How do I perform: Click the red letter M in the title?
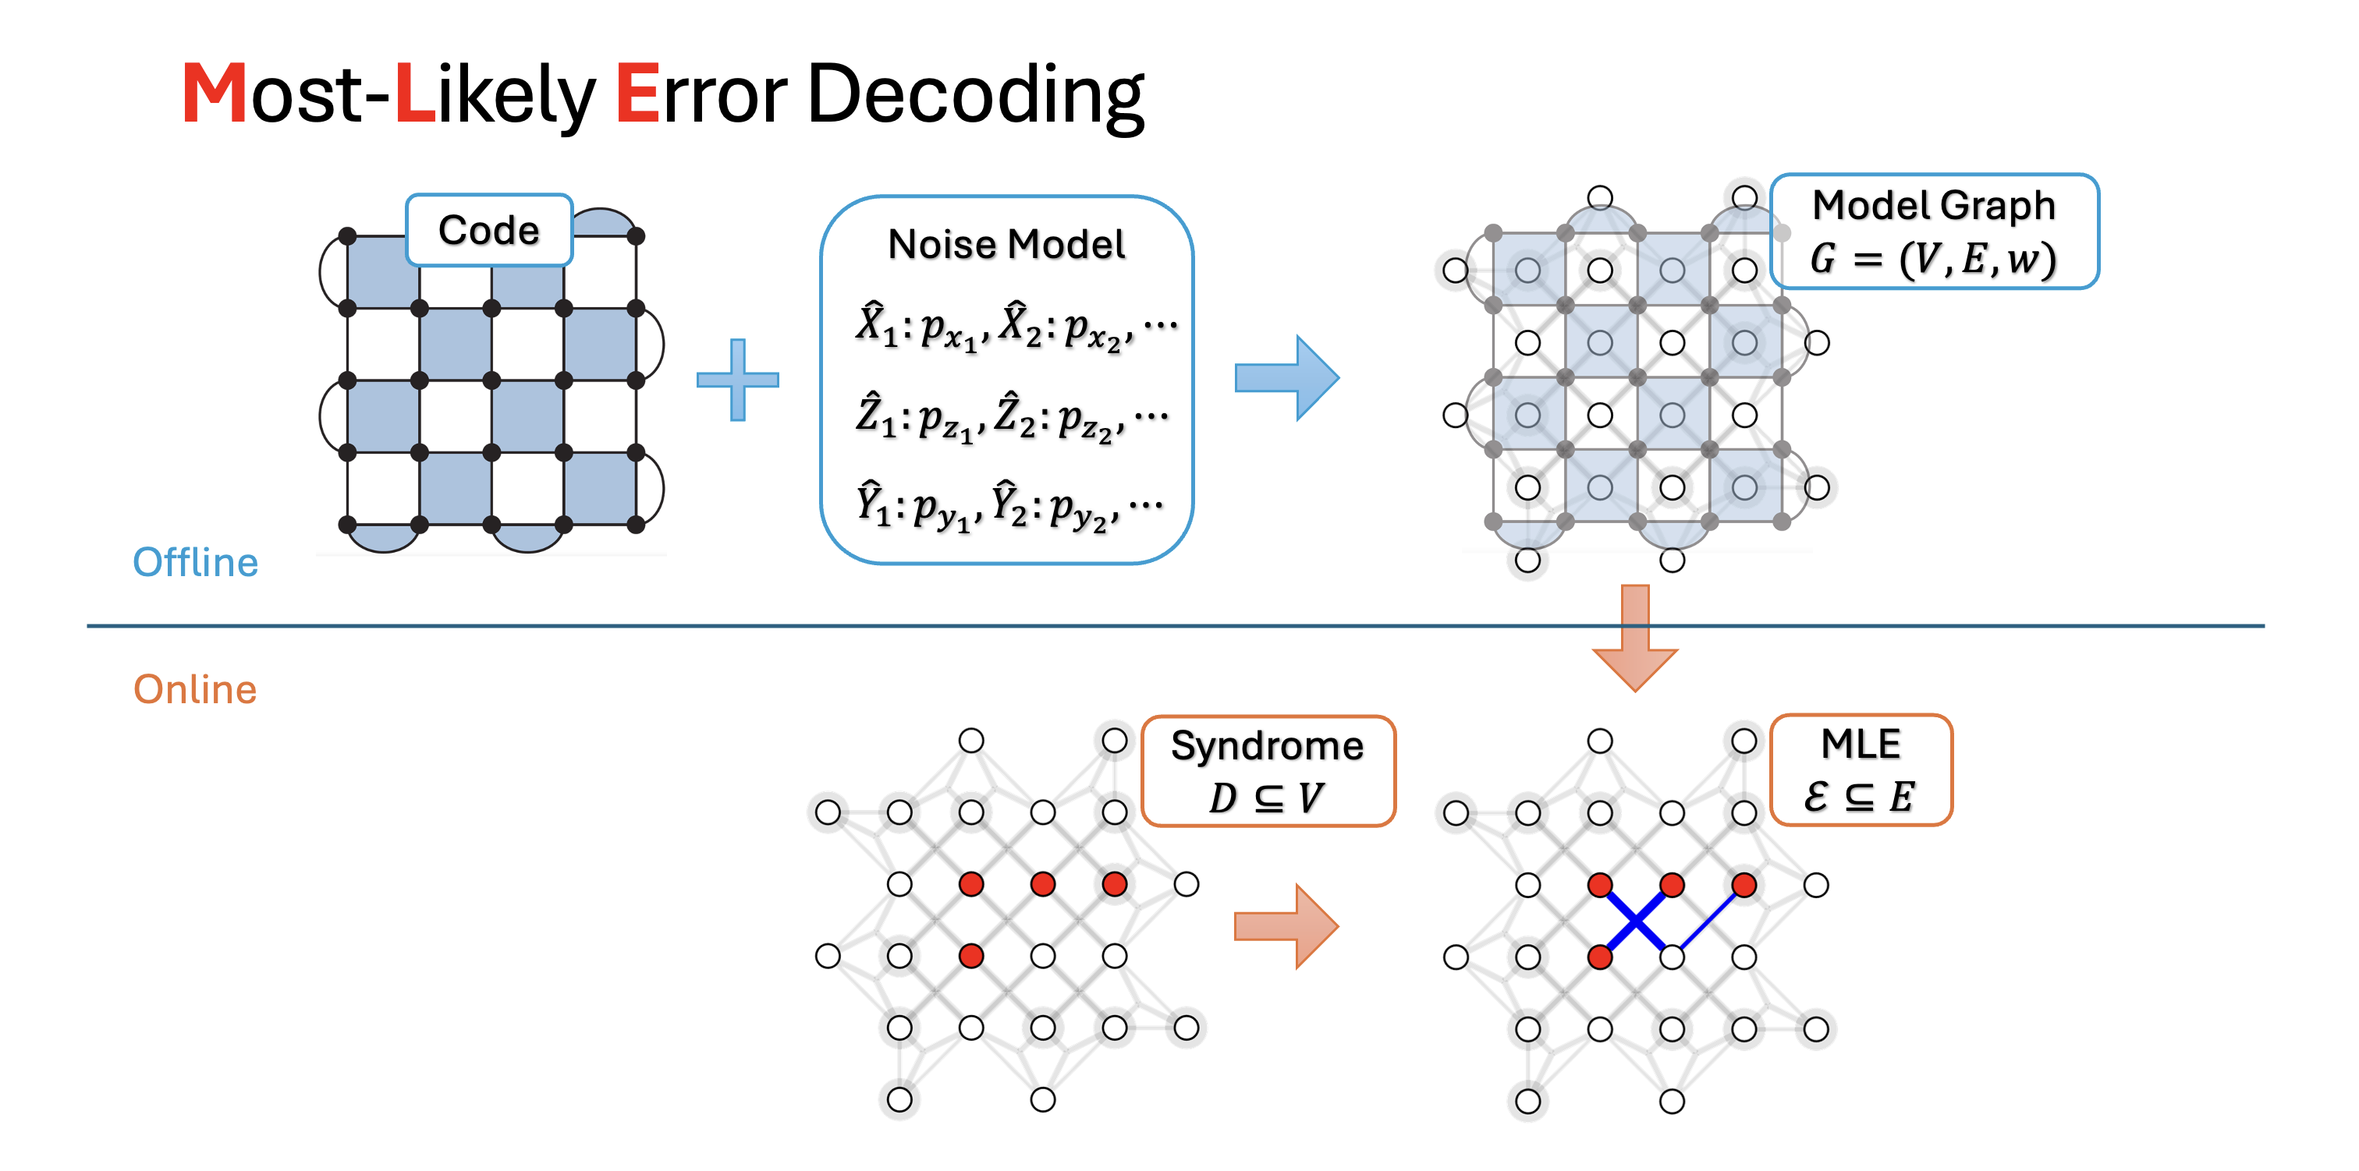(214, 94)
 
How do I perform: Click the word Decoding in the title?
(974, 95)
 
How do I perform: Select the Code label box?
(489, 230)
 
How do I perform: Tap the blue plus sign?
(737, 379)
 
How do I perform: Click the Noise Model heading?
(1006, 245)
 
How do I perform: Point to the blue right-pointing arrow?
(1286, 377)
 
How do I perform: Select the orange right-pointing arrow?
(1286, 925)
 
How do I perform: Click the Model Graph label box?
(1934, 231)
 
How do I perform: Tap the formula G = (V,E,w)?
(1933, 259)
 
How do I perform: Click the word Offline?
(195, 562)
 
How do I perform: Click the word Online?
(195, 689)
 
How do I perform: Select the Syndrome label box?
(1268, 770)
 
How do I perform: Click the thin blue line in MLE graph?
(1709, 920)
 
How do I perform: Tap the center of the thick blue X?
(1637, 920)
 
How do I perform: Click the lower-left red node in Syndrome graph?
(970, 956)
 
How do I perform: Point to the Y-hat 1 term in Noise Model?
(874, 503)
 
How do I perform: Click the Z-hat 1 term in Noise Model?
(875, 415)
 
